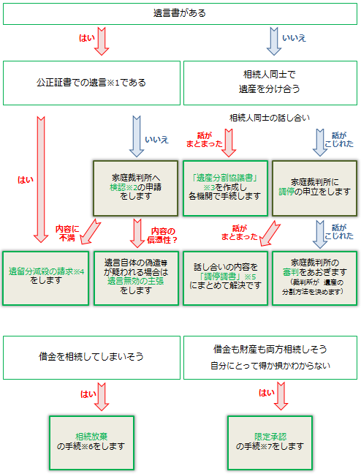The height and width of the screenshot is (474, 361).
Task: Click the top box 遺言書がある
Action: pyautogui.click(x=180, y=12)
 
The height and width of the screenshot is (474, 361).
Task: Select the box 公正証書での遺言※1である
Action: pyautogui.click(x=91, y=80)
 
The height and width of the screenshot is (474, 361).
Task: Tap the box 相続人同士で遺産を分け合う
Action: pyautogui.click(x=270, y=80)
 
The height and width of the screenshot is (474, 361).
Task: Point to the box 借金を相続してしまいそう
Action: pyautogui.click(x=91, y=358)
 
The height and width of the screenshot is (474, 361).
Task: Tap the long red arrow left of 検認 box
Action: pyautogui.click(x=41, y=176)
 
